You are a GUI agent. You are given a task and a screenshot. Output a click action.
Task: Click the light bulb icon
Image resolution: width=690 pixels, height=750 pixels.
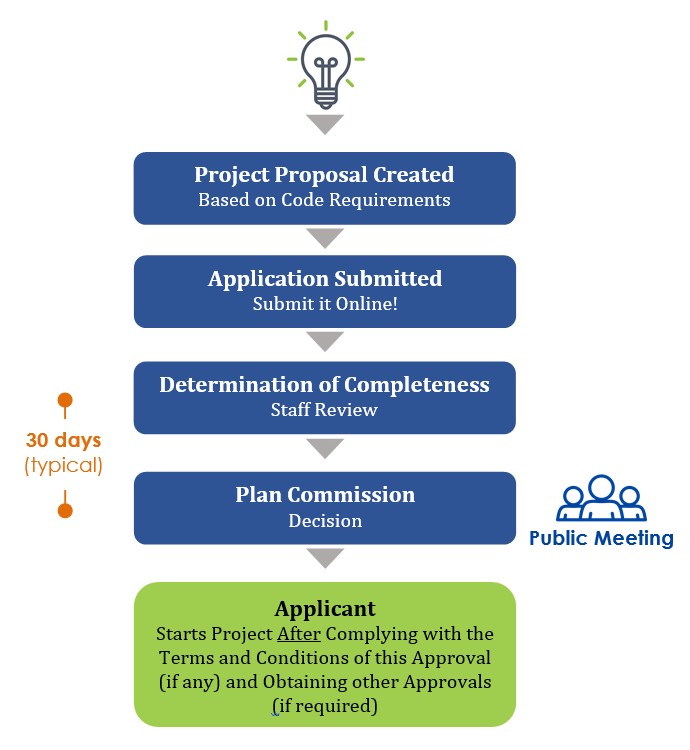(x=326, y=65)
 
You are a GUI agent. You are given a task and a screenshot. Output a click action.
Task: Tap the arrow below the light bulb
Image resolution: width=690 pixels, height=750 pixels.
(x=325, y=124)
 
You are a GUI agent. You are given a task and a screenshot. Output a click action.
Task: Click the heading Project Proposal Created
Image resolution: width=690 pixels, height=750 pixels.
(x=324, y=175)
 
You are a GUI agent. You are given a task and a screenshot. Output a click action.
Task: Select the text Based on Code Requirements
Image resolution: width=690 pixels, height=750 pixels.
(x=324, y=200)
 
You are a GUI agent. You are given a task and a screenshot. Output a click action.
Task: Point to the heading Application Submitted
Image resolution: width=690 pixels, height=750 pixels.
(x=325, y=279)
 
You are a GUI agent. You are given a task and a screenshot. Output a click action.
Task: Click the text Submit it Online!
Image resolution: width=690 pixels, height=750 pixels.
(x=325, y=304)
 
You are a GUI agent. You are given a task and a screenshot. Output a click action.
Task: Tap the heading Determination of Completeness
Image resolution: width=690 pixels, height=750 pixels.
(x=324, y=385)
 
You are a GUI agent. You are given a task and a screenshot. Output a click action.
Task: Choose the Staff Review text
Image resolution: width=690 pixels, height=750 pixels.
(x=324, y=410)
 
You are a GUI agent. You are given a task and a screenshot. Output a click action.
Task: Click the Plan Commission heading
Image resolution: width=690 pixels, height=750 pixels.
(x=325, y=495)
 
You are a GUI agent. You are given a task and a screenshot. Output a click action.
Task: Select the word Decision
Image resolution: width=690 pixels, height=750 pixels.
(x=325, y=521)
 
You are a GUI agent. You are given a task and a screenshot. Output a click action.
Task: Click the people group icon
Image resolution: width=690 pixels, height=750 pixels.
(x=601, y=497)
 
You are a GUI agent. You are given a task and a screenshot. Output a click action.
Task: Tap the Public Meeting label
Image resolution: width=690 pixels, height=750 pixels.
(x=601, y=539)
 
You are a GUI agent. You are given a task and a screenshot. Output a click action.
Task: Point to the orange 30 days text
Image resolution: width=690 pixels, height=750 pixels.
(x=64, y=441)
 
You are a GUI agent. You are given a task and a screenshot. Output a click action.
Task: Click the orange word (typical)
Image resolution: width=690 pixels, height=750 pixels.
(x=64, y=465)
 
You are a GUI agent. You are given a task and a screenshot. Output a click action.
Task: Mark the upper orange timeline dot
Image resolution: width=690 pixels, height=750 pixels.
(x=65, y=400)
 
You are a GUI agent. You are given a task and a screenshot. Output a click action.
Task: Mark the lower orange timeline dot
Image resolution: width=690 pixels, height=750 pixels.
(x=65, y=510)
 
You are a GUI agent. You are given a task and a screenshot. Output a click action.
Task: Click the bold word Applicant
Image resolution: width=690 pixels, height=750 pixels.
(x=325, y=609)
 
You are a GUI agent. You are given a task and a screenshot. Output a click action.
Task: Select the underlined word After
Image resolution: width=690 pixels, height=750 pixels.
(x=299, y=634)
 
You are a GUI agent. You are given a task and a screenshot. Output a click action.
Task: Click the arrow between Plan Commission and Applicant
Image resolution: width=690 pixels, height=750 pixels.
(x=325, y=558)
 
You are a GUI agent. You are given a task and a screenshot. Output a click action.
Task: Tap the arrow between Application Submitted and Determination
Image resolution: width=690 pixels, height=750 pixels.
(x=325, y=342)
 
